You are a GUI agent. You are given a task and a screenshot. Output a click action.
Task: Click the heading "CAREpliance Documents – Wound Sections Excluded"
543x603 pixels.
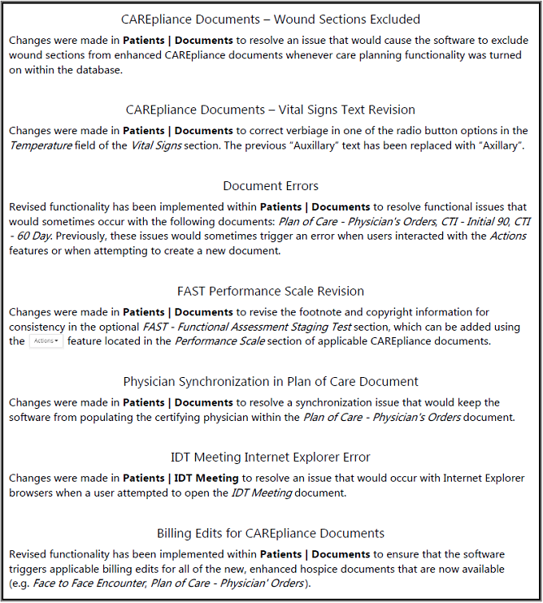pyautogui.click(x=271, y=19)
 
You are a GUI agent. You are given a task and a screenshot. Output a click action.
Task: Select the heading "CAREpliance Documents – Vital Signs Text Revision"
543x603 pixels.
pyautogui.click(x=271, y=110)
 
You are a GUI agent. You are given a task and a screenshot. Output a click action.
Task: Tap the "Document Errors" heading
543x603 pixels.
pyautogui.click(x=271, y=186)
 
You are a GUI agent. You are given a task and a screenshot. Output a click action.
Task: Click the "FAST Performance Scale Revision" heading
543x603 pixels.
pyautogui.click(x=271, y=291)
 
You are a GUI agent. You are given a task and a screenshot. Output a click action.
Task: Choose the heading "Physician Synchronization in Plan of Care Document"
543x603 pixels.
pyautogui.click(x=271, y=381)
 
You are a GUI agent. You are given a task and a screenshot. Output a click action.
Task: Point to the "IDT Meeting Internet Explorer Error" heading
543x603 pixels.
pyautogui.click(x=271, y=458)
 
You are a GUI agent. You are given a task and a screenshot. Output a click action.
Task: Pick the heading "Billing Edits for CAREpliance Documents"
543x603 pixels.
pyautogui.click(x=271, y=533)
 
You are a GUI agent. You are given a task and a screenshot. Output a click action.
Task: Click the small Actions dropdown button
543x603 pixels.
pyautogui.click(x=46, y=341)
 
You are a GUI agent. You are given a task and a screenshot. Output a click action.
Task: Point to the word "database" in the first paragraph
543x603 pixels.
pyautogui.click(x=95, y=70)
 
